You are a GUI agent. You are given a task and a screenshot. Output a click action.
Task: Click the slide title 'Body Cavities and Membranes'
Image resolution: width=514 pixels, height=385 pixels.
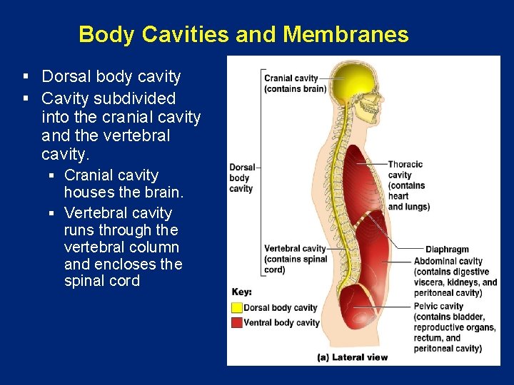243,34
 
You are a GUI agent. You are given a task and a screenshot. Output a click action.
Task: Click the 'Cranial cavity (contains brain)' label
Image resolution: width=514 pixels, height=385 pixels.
295,83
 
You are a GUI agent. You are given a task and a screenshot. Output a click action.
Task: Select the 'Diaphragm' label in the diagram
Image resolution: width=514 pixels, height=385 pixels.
447,250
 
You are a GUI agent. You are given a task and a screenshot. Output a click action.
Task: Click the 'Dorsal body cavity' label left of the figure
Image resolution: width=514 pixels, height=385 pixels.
241,178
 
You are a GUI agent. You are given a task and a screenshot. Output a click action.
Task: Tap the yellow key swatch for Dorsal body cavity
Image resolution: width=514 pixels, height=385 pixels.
237,308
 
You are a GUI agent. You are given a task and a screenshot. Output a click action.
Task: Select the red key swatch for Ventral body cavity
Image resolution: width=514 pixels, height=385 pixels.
237,323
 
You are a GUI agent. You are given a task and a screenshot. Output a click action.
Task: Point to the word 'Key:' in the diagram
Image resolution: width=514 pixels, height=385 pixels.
242,292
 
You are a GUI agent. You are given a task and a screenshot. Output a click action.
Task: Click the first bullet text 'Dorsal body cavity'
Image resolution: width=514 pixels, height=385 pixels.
111,76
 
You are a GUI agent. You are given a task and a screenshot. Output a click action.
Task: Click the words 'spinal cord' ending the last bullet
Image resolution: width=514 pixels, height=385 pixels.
101,281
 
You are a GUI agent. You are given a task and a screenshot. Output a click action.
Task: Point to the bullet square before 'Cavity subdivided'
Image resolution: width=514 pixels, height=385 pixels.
26,98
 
